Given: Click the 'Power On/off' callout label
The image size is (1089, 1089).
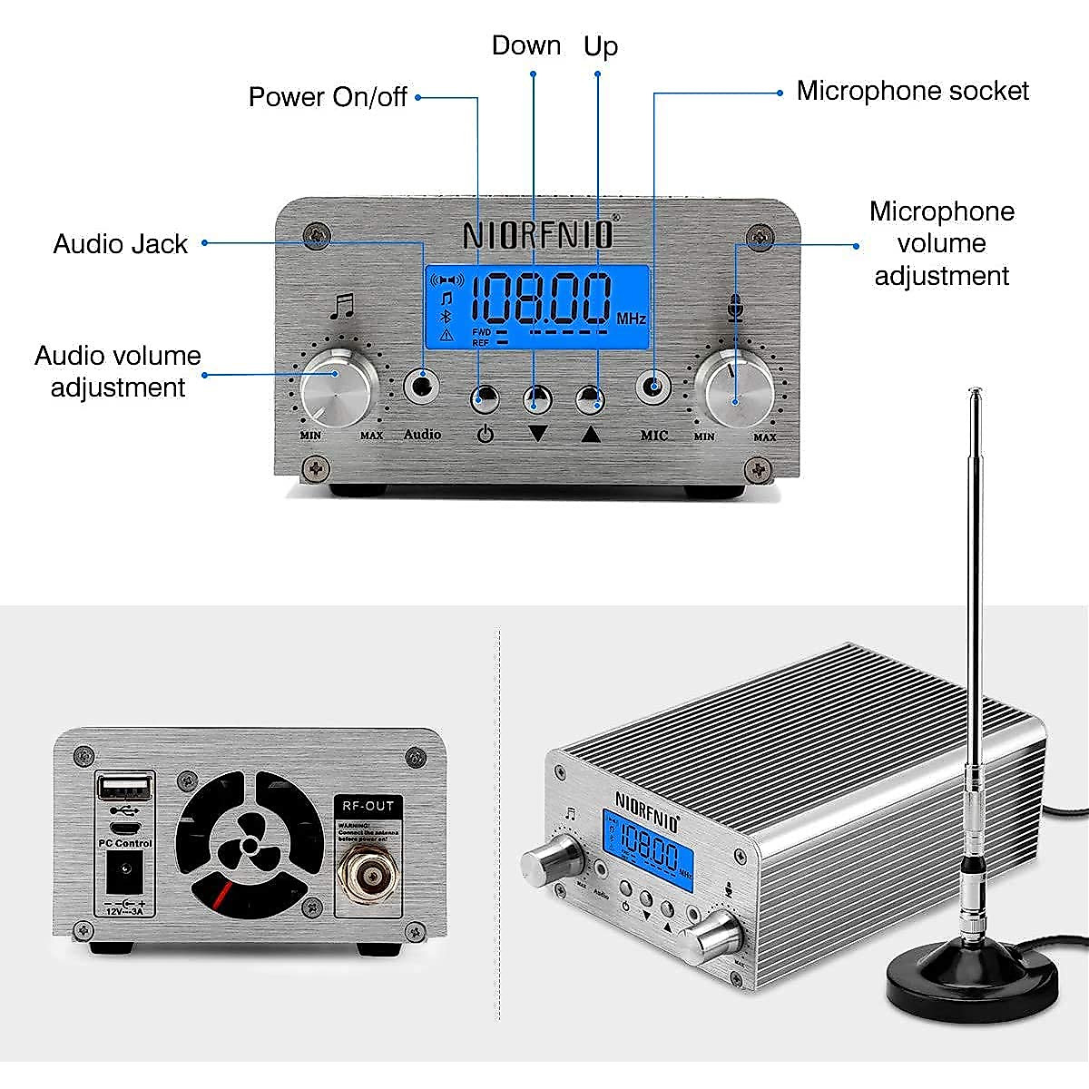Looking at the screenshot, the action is [x=328, y=97].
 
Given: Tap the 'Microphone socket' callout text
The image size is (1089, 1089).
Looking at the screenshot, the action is [x=912, y=91].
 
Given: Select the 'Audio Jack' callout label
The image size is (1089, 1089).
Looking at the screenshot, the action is [x=121, y=244].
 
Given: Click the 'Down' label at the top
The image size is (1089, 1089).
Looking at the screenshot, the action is [x=526, y=45].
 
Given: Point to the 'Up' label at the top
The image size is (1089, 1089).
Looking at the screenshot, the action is [x=601, y=45].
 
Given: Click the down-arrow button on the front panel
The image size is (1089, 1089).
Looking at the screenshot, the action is [x=536, y=398].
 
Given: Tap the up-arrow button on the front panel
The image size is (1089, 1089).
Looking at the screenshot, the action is [x=592, y=398].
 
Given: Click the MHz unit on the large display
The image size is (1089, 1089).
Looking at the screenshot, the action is [x=631, y=319].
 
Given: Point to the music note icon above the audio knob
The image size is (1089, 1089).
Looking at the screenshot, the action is [x=341, y=306].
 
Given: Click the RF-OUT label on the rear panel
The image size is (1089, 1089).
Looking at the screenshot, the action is [x=368, y=806].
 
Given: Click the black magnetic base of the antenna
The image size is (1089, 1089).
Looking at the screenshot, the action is [x=972, y=981].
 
